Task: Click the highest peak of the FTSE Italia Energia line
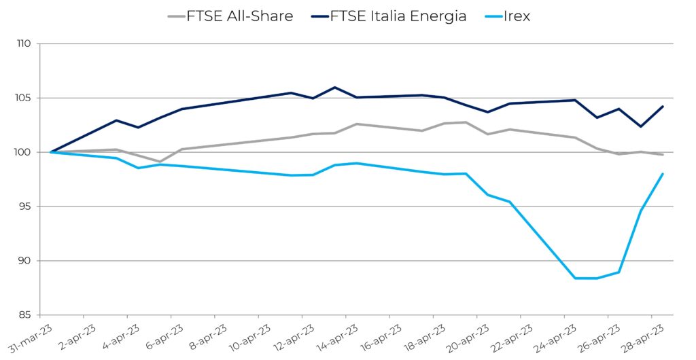coord(335,87)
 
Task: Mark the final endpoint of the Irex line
coord(663,174)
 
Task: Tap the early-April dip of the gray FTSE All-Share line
coord(160,162)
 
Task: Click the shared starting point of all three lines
coord(51,152)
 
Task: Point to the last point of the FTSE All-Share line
coord(663,155)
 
